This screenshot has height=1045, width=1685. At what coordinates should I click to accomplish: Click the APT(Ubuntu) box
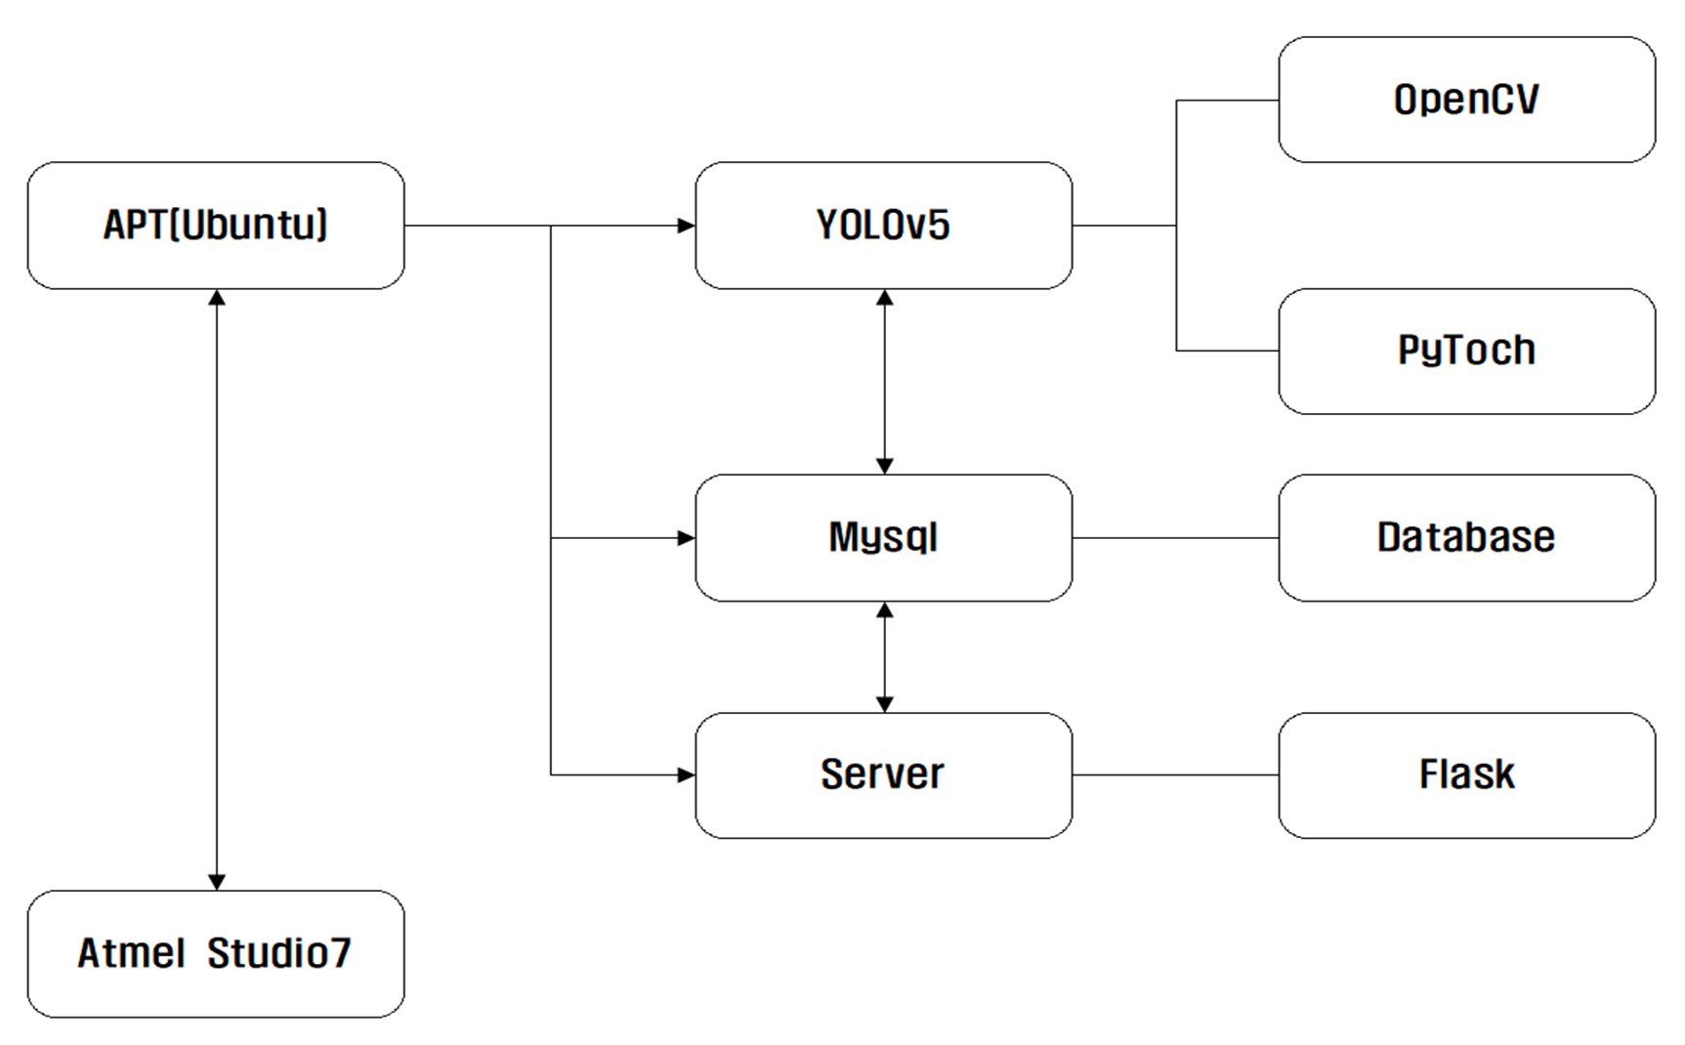pyautogui.click(x=215, y=226)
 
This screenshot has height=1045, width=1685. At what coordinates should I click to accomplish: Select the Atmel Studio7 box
pyautogui.click(x=215, y=953)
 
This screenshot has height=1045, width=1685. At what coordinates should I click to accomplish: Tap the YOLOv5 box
pyautogui.click(x=883, y=226)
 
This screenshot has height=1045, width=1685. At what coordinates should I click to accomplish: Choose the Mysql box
pyautogui.click(x=883, y=537)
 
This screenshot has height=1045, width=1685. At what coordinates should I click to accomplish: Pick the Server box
pyautogui.click(x=883, y=774)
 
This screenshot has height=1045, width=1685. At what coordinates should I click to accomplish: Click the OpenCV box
pyautogui.click(x=1466, y=100)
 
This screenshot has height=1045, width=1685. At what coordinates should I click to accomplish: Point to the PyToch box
pyautogui.click(x=1466, y=351)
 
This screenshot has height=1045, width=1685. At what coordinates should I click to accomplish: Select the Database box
pyautogui.click(x=1466, y=537)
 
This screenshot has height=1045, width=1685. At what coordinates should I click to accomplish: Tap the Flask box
pyautogui.click(x=1466, y=774)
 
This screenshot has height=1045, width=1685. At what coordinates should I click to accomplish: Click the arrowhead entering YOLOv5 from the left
pyautogui.click(x=687, y=226)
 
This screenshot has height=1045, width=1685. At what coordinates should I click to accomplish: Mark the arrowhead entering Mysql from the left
pyautogui.click(x=687, y=537)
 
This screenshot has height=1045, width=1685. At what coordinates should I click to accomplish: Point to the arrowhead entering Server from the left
pyautogui.click(x=687, y=774)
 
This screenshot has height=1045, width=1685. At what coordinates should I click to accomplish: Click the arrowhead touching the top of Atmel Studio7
pyautogui.click(x=217, y=881)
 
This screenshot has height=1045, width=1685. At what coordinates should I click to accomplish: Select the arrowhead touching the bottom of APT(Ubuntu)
pyautogui.click(x=217, y=298)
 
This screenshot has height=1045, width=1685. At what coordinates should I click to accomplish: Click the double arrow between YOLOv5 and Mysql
pyautogui.click(x=884, y=381)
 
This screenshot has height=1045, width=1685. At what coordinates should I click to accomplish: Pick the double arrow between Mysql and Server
pyautogui.click(x=884, y=656)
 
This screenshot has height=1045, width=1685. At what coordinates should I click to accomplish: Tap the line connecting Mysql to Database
pyautogui.click(x=1175, y=537)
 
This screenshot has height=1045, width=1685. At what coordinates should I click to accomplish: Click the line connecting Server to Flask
pyautogui.click(x=1175, y=774)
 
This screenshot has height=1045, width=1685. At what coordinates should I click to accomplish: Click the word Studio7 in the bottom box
pyautogui.click(x=278, y=953)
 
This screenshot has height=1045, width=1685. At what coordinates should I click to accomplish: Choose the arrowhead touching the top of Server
pyautogui.click(x=884, y=703)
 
